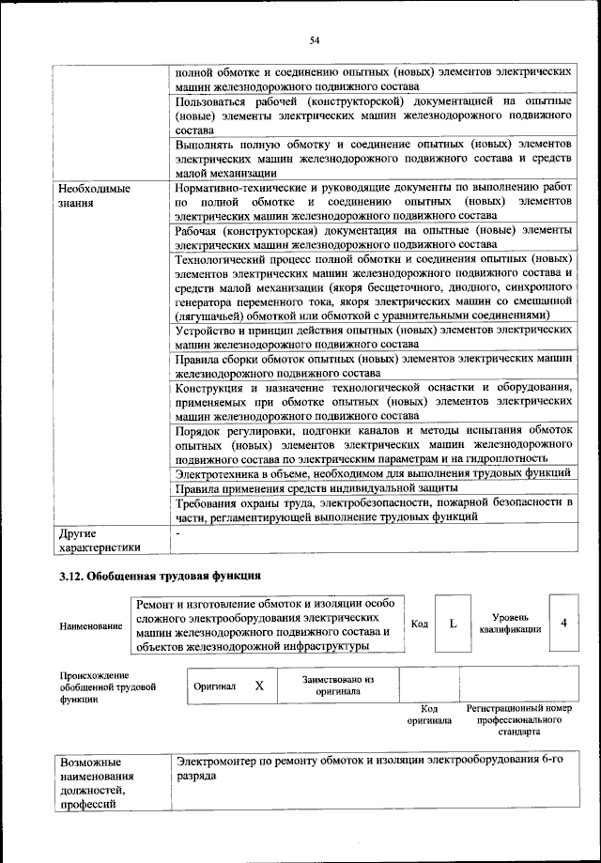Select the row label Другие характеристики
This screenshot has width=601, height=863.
99,539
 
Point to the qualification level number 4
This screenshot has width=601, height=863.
563,622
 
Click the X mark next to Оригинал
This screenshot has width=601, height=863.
259,686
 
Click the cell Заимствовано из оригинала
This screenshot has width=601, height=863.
338,685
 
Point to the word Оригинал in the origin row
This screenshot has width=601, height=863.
214,686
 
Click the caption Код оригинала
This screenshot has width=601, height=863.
429,715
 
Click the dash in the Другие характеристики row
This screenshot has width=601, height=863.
177,532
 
